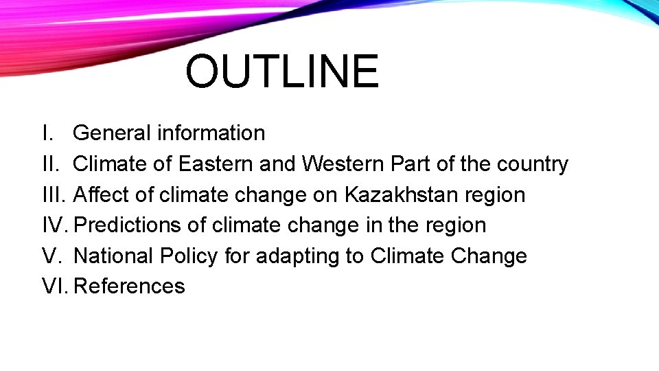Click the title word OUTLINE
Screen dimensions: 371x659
281,72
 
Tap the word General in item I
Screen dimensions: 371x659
112,133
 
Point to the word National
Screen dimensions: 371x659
114,256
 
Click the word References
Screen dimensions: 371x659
129,286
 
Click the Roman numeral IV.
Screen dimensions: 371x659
54,225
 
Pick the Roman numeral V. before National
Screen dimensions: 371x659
51,256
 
